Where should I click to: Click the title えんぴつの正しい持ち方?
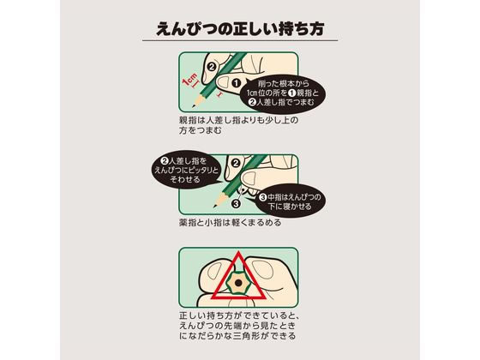(x=240, y=29)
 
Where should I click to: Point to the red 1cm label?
(x=190, y=81)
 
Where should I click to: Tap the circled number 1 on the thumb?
(x=236, y=82)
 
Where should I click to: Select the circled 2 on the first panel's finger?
(x=212, y=66)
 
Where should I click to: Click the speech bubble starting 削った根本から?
(x=283, y=93)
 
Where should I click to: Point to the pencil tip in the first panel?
(x=193, y=106)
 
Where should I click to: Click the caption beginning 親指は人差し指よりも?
(x=238, y=125)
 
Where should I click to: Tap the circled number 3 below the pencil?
(x=236, y=203)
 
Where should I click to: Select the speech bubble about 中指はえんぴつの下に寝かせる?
(x=290, y=201)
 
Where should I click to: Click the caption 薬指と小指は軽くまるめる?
(x=230, y=223)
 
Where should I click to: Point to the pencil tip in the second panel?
(x=215, y=207)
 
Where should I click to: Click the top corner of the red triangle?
(x=238, y=252)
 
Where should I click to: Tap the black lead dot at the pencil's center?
(x=238, y=282)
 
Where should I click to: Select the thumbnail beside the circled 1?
(x=223, y=83)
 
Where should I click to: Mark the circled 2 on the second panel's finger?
(x=236, y=163)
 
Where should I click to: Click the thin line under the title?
(x=240, y=41)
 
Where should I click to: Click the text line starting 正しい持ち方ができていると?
(x=239, y=315)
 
